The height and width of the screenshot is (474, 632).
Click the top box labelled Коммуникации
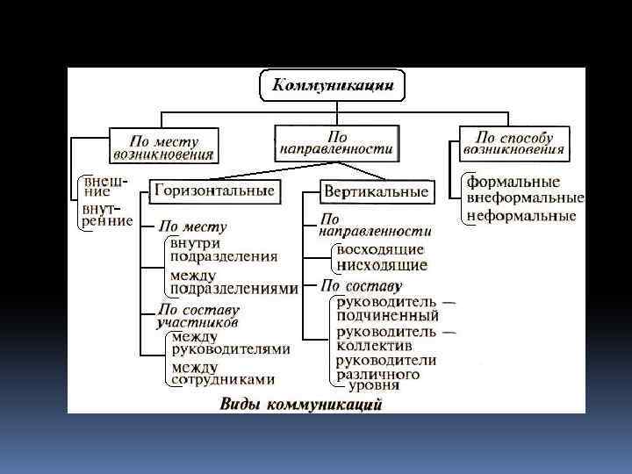click(x=333, y=85)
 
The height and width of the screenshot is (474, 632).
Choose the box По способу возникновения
click(x=513, y=143)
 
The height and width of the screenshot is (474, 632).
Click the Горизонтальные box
click(x=214, y=190)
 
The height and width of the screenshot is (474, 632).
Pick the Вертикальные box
click(x=376, y=191)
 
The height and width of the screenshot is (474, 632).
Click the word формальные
click(x=513, y=182)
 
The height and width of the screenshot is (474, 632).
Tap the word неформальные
click(x=521, y=215)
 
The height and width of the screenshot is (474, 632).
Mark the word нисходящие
click(x=382, y=264)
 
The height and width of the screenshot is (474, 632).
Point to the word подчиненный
click(x=388, y=316)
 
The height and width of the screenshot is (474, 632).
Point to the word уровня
click(x=374, y=384)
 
